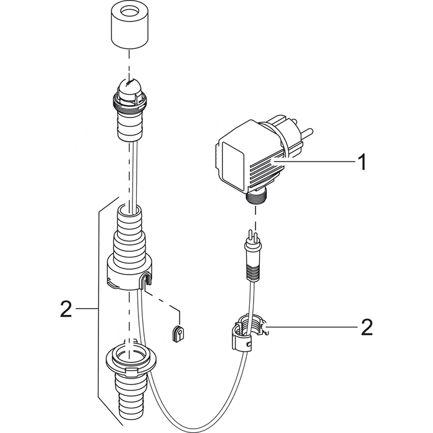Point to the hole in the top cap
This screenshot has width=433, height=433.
tap(130, 13)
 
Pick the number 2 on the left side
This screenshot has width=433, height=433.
tap(67, 307)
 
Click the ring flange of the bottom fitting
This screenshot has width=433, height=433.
tap(131, 359)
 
